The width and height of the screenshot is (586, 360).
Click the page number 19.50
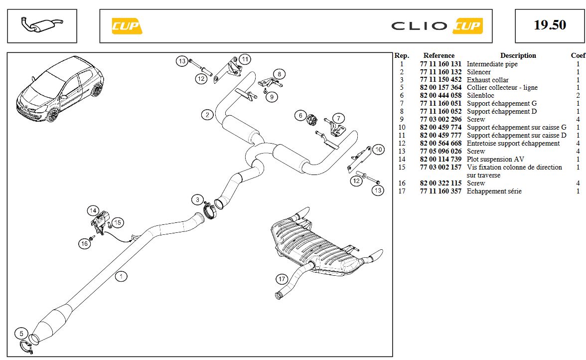pos(550,25)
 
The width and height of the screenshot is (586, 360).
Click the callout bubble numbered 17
pos(282,279)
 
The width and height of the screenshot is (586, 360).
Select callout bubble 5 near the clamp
pos(21,333)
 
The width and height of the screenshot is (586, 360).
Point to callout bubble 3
pos(198,200)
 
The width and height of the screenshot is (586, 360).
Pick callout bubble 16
pos(85,243)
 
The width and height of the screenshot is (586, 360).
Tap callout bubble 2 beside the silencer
pos(207,115)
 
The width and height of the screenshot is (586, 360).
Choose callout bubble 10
pos(379,149)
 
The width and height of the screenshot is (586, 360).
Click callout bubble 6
pos(300,116)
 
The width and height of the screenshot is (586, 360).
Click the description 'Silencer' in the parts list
pos(478,72)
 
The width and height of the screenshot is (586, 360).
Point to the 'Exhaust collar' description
pos(487,80)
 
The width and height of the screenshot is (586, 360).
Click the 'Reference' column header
pos(439,55)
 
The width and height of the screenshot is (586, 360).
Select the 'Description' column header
pos(518,55)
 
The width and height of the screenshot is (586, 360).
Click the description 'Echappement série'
pos(494,191)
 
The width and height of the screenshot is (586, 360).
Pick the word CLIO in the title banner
pos(419,26)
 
